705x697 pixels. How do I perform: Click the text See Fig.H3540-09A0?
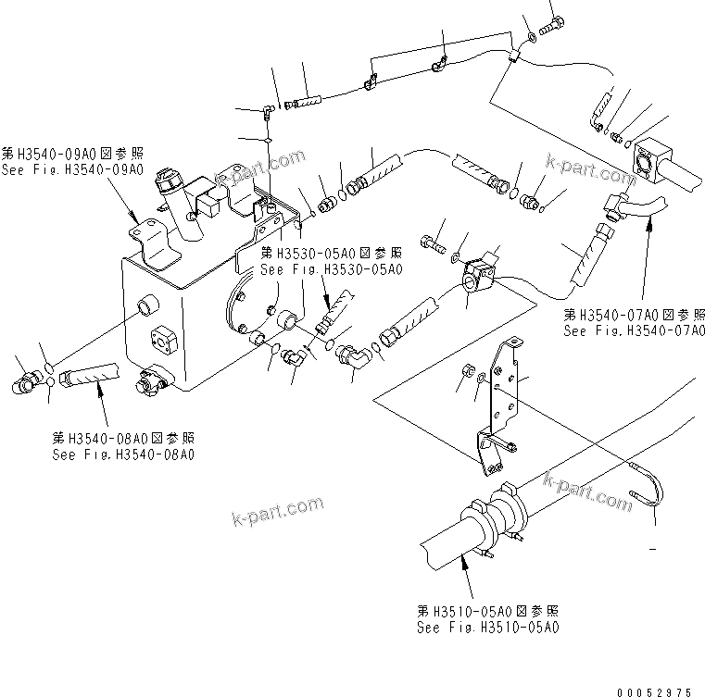click(x=72, y=170)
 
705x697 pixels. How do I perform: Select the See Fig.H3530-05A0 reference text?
click(x=332, y=269)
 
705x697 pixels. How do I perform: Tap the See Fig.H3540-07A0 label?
click(x=635, y=330)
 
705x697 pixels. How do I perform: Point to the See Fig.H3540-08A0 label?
click(x=123, y=454)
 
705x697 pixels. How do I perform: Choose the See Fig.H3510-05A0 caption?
click(x=487, y=629)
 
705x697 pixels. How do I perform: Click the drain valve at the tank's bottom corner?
click(x=151, y=379)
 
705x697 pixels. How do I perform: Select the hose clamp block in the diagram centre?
click(x=479, y=274)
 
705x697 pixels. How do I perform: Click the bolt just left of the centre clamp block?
click(x=433, y=244)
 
